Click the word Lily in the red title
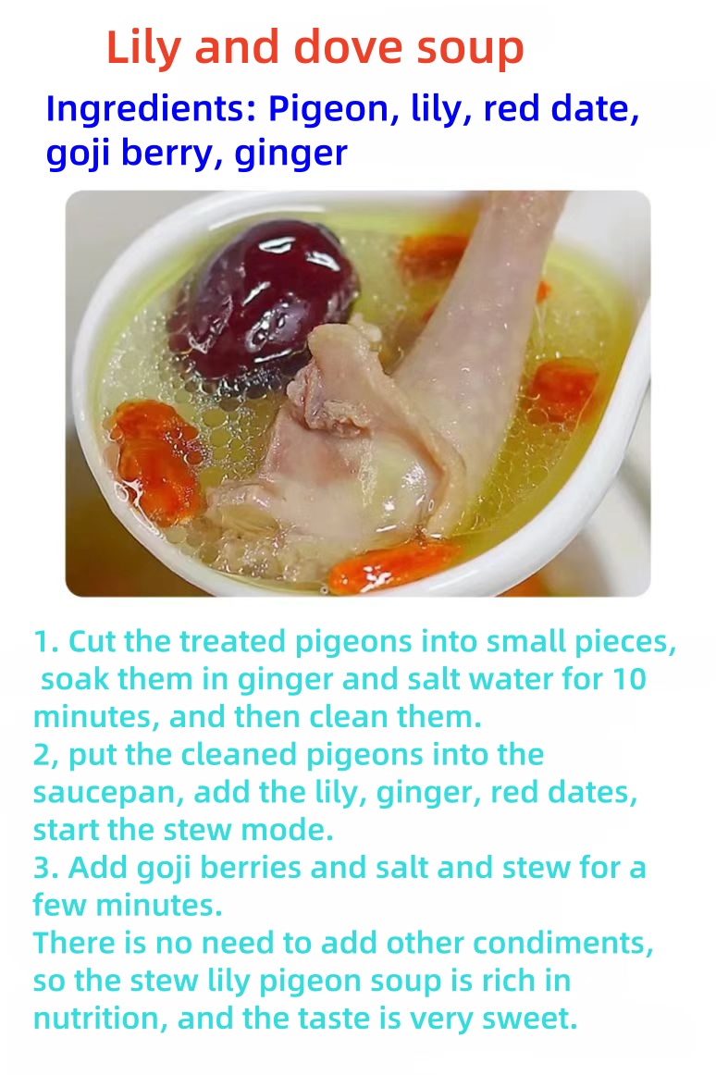[143, 49]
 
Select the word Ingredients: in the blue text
[151, 110]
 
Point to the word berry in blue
[171, 154]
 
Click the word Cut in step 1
[93, 642]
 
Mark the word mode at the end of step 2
[287, 830]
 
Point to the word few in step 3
[60, 906]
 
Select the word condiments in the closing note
[562, 944]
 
